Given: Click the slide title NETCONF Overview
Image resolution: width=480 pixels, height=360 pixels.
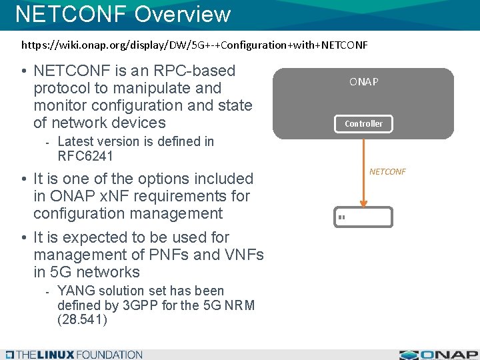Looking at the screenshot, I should point(123,14).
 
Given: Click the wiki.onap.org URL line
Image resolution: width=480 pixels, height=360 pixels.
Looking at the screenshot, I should point(194,45).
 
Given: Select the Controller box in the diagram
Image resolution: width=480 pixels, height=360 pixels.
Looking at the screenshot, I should point(363,123).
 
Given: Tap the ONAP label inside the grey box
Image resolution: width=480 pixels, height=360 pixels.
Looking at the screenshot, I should point(363,82).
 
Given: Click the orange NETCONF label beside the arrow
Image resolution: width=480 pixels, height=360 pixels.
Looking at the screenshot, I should point(387,171).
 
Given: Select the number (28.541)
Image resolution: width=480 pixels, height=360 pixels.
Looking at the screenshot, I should point(82,319).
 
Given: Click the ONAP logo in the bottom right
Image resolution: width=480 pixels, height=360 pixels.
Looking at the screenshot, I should point(438,354).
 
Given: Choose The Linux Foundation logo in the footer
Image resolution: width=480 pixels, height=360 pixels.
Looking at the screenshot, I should point(73,355).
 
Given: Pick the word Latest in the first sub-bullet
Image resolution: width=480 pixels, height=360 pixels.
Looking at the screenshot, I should point(77,141).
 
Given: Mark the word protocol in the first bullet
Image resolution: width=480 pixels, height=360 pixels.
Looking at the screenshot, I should point(63,88).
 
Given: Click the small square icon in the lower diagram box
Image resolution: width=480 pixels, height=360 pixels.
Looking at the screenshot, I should point(341,217).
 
